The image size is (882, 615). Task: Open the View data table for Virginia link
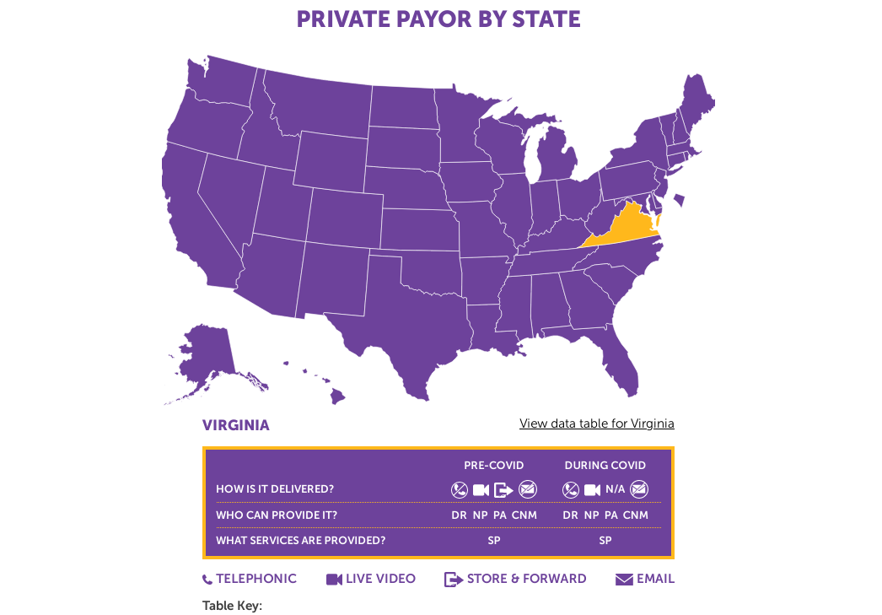pyautogui.click(x=596, y=423)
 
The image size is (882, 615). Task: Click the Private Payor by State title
pyautogui.click(x=438, y=19)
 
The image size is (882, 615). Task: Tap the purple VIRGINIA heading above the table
pyautogui.click(x=236, y=425)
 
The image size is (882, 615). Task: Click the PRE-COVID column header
pyautogui.click(x=493, y=466)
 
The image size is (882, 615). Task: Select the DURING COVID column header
pyautogui.click(x=605, y=466)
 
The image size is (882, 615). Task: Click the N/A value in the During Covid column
pyautogui.click(x=616, y=489)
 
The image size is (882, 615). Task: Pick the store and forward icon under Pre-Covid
pyautogui.click(x=503, y=489)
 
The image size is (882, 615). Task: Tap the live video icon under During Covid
pyautogui.click(x=593, y=489)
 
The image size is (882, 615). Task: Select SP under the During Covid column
pyautogui.click(x=605, y=541)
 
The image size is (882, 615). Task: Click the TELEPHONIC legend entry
pyautogui.click(x=250, y=579)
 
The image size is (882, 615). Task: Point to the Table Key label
pyautogui.click(x=232, y=606)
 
